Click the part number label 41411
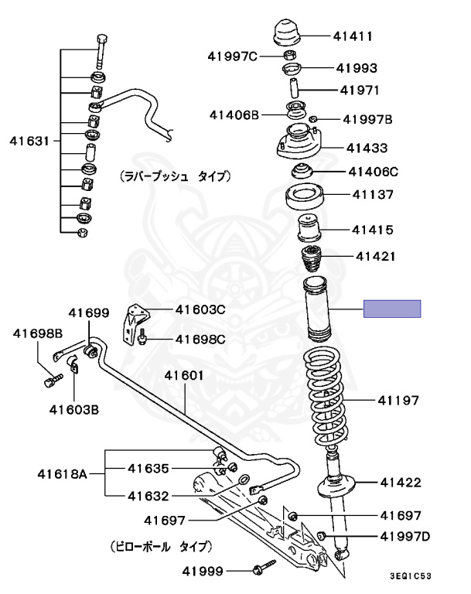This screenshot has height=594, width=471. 353,36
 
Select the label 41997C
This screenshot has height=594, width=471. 233,56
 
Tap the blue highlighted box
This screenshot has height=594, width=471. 392,309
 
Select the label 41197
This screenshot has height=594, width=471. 398,401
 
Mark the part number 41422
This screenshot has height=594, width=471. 400,483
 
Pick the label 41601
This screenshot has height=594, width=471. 183,376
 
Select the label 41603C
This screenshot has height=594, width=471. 200,310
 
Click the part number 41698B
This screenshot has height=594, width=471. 37,333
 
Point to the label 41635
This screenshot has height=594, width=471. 148,468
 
